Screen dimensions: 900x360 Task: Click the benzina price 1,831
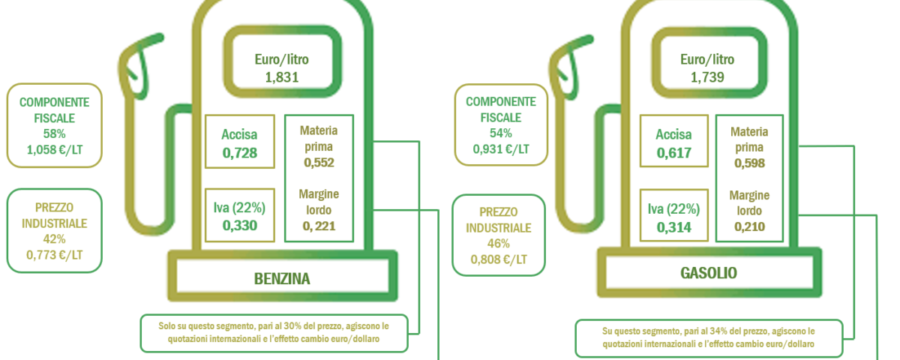(x=282, y=77)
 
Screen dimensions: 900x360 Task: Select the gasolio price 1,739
(x=707, y=77)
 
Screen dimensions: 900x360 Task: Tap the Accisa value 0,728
(x=240, y=153)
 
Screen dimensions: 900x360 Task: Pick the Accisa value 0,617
(x=673, y=153)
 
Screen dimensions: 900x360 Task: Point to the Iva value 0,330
(x=240, y=226)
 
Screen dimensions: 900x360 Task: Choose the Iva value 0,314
(x=673, y=227)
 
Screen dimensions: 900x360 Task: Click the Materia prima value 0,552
(x=319, y=162)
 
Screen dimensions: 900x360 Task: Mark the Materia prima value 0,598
(x=749, y=163)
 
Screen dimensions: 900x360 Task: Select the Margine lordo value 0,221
(x=319, y=226)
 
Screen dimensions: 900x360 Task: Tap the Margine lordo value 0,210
(x=749, y=226)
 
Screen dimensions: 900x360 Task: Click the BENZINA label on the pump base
(x=282, y=279)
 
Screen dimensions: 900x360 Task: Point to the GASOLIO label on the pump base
(x=709, y=273)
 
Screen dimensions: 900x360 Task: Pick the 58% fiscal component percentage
(x=54, y=133)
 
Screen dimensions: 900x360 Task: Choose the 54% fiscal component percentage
(x=501, y=133)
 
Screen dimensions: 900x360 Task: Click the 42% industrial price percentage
(x=54, y=239)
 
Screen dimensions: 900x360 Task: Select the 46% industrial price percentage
(x=499, y=244)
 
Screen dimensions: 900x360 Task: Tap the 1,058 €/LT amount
(x=55, y=150)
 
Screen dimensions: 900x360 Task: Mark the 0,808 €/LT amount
(x=499, y=259)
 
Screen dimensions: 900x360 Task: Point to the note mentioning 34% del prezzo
(x=708, y=337)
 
